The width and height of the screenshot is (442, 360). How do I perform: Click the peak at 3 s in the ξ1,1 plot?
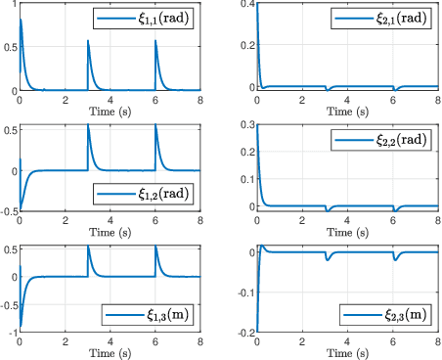click(x=88, y=41)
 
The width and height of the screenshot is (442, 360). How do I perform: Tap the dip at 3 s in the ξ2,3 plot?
click(x=326, y=259)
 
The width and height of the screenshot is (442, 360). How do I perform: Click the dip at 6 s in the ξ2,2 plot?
click(x=394, y=210)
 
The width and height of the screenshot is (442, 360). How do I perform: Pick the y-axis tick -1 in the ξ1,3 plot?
click(x=11, y=333)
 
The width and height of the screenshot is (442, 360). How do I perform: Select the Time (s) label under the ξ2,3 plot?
click(x=347, y=353)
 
